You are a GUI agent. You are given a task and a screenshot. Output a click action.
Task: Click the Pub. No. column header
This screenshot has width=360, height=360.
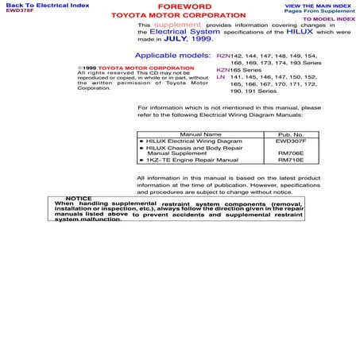tap(291, 135)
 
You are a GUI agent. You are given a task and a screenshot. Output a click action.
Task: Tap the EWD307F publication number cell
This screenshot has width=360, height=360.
tap(291, 141)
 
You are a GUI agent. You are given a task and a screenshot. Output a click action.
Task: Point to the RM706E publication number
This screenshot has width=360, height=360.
tap(291, 153)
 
